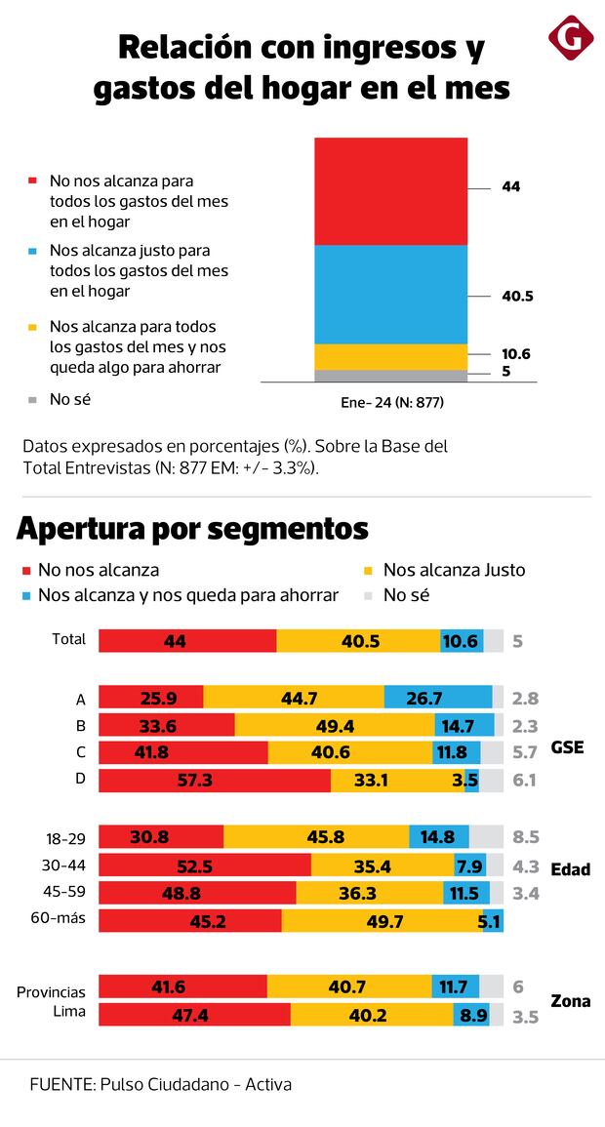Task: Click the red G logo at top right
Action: tap(571, 38)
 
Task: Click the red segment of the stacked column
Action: tap(390, 190)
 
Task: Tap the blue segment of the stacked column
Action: tap(390, 294)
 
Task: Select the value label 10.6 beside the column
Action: tap(517, 354)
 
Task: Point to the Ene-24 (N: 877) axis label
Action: tap(390, 401)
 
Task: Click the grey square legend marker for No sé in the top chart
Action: tap(32, 399)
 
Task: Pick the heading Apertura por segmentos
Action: tap(192, 528)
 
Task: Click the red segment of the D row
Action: tap(215, 781)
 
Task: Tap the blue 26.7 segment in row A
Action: tap(438, 698)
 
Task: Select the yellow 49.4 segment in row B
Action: tap(335, 725)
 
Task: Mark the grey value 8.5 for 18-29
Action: tap(526, 837)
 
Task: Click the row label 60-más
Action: tap(65, 920)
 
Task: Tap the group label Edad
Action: tap(571, 869)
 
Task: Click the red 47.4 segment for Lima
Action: tap(194, 1015)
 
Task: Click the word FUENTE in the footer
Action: tap(60, 1084)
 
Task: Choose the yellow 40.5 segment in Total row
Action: tap(358, 641)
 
